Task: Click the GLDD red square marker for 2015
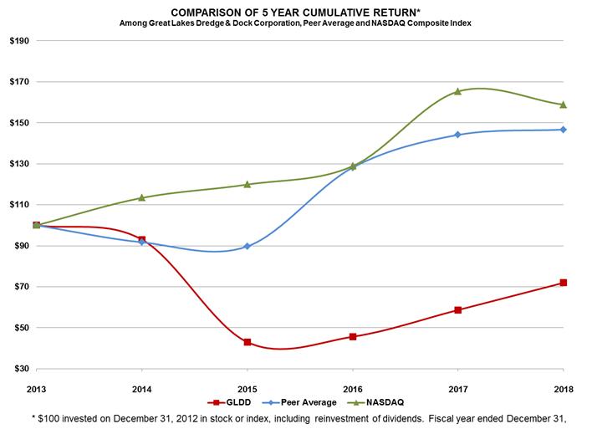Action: click(248, 342)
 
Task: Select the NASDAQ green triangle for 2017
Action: click(457, 91)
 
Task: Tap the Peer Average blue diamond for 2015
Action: click(248, 246)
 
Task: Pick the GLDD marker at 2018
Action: click(563, 283)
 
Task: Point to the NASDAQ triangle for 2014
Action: click(141, 197)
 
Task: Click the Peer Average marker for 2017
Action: click(457, 135)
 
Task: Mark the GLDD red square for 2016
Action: click(353, 336)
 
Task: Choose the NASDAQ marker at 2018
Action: click(563, 105)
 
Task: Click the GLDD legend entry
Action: click(229, 402)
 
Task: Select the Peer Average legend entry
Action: click(299, 402)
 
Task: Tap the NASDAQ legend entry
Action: click(375, 402)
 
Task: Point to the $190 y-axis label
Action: click(19, 41)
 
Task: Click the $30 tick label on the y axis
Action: click(22, 369)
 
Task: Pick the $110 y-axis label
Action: click(19, 205)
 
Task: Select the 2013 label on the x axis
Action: click(36, 389)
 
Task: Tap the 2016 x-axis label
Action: click(353, 389)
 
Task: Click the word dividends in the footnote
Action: click(405, 419)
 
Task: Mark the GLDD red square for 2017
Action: click(457, 310)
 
